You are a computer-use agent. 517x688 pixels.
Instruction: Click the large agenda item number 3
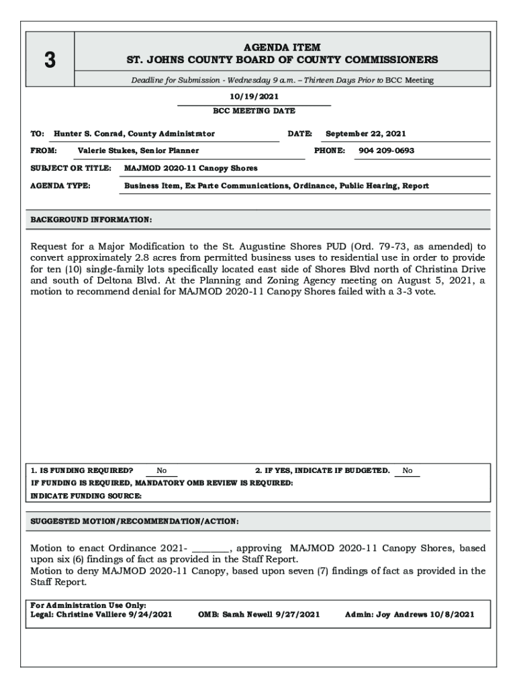[x=49, y=60]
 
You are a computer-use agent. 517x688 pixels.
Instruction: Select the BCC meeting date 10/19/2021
[x=254, y=97]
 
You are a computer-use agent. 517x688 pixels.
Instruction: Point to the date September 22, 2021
[x=365, y=134]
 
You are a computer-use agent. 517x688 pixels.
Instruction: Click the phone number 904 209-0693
[x=386, y=150]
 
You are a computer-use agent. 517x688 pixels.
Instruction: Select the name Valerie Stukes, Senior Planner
[x=138, y=150]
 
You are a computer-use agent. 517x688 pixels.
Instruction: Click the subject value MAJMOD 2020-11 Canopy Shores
[x=191, y=168]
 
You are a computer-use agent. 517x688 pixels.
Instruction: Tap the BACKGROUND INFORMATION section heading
[x=91, y=220]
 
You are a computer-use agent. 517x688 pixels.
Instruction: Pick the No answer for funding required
[x=162, y=471]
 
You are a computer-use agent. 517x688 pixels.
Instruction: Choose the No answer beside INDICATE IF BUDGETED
[x=408, y=471]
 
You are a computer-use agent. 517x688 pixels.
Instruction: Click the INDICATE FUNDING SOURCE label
[x=87, y=496]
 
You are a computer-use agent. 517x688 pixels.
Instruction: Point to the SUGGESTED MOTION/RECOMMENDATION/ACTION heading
[x=134, y=521]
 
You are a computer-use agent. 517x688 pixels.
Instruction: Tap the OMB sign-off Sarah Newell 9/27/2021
[x=258, y=614]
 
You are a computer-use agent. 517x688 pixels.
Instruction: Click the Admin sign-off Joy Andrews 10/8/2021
[x=410, y=614]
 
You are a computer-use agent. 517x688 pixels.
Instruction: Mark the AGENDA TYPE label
[x=61, y=185]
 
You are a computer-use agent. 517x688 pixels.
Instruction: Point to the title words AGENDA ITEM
[x=282, y=48]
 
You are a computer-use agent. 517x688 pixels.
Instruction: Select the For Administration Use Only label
[x=89, y=605]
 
